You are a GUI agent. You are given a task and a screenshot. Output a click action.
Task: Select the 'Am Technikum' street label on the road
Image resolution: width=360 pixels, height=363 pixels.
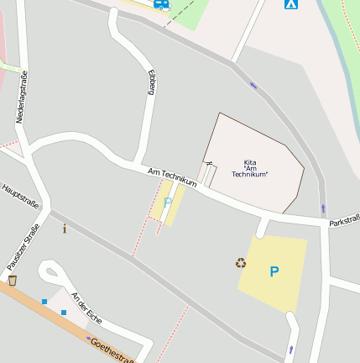click(172, 177)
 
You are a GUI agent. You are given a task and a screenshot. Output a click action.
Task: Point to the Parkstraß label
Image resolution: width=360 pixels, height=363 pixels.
click(344, 222)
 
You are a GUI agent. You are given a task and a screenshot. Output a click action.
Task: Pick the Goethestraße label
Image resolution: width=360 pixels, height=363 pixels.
click(111, 350)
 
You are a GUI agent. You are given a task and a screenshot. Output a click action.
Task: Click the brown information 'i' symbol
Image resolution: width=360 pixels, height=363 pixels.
click(65, 228)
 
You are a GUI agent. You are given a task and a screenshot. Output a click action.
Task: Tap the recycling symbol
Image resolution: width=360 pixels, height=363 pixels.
click(241, 263)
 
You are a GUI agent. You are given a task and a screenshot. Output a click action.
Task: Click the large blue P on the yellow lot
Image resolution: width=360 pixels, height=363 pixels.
click(274, 271)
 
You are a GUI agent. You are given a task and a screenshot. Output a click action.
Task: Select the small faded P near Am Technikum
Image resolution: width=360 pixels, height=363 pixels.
click(168, 202)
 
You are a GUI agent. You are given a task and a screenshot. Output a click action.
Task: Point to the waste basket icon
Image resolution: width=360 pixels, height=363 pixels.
click(12, 280)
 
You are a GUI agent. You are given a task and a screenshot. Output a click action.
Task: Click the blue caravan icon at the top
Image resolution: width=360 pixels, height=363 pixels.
click(160, 3)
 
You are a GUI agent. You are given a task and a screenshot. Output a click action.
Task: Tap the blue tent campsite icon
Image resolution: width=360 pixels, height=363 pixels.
click(290, 4)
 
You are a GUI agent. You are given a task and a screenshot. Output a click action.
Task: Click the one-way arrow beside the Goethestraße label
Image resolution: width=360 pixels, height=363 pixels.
click(89, 339)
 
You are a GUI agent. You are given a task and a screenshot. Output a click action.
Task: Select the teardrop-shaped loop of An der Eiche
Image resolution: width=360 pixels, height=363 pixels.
click(50, 274)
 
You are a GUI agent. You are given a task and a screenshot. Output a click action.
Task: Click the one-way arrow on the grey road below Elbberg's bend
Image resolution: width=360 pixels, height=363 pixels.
click(253, 85)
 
